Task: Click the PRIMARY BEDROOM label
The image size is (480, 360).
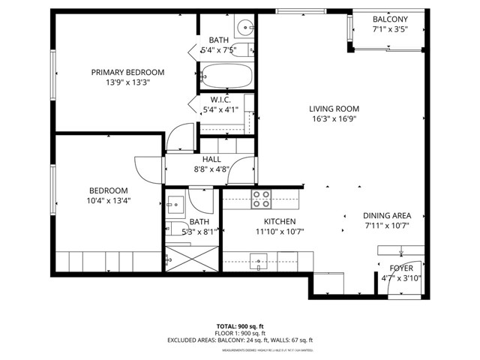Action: coord(127,72)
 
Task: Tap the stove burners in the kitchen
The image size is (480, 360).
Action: coord(260,199)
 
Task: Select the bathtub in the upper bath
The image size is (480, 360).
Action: coord(226,75)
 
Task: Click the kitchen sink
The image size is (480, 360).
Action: coord(259,262)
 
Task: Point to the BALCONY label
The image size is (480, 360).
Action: coord(390,19)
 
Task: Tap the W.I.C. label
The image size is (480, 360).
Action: coord(220,99)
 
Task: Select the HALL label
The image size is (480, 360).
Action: coord(211,160)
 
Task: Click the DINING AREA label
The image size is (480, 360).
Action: coord(386,214)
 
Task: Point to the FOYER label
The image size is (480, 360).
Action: coord(401,268)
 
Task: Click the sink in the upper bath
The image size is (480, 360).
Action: coord(244,28)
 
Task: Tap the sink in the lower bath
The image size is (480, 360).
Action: coord(178,203)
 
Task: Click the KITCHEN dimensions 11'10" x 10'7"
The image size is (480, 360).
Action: coord(280,232)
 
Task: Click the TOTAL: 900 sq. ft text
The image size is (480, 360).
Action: coord(239,326)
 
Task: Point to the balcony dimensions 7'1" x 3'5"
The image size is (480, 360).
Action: coord(390,31)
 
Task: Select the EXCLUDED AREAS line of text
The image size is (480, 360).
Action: coord(239,340)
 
